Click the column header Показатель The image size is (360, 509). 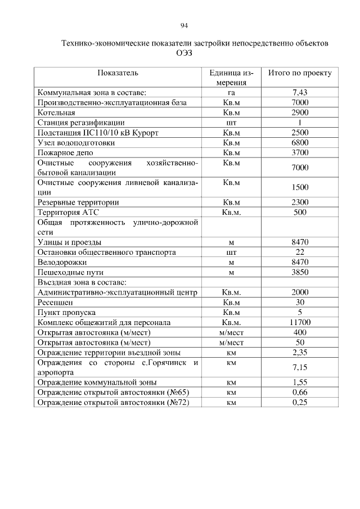coord(118,73)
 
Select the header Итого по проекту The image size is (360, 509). coord(300,73)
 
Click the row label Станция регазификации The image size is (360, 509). coord(80,123)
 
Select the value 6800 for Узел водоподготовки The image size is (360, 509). coord(300,143)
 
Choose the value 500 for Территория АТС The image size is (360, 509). coord(300,212)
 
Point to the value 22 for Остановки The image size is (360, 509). coord(300,252)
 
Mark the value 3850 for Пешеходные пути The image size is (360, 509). coord(300,272)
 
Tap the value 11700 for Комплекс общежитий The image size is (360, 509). coord(300,322)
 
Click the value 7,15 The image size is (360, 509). coord(300,367)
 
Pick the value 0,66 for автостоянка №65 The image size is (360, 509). coord(300,392)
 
